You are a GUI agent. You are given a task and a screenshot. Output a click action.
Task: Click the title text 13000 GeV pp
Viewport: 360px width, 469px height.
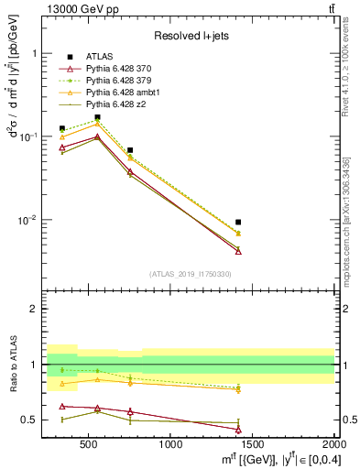tap(81, 8)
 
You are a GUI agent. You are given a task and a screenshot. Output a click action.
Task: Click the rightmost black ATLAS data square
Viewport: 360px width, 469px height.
tap(238, 222)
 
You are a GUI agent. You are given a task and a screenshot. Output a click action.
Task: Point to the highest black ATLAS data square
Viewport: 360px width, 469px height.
tap(97, 117)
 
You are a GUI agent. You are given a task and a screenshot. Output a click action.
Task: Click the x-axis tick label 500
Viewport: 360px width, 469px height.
tap(89, 445)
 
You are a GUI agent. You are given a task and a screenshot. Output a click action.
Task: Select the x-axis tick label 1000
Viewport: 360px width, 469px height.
tap(170, 445)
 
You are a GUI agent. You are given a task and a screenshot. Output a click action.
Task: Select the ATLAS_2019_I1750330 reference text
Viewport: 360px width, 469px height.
tap(191, 274)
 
